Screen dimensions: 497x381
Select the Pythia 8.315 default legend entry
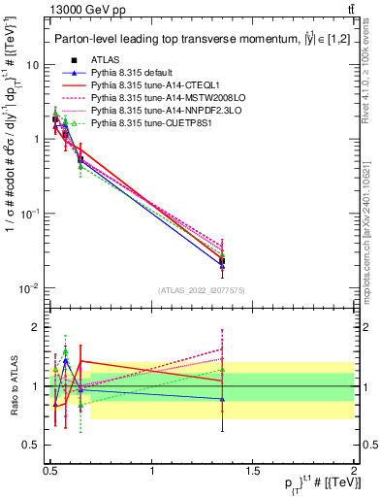[132, 73]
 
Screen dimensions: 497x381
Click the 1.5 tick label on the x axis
[253, 470]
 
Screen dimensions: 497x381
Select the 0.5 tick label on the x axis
[50, 470]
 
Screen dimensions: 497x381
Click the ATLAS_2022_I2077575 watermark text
[202, 290]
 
